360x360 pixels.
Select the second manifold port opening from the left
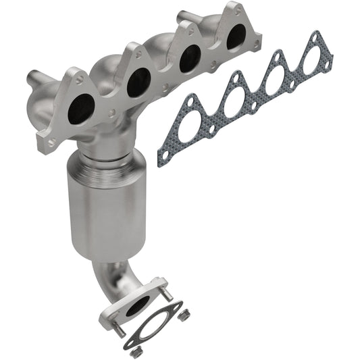(x=138, y=81)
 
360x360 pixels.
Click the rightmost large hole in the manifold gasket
(x=311, y=60)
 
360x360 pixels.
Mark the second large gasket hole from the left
(x=232, y=101)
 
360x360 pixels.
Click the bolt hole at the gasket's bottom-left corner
(x=163, y=156)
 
